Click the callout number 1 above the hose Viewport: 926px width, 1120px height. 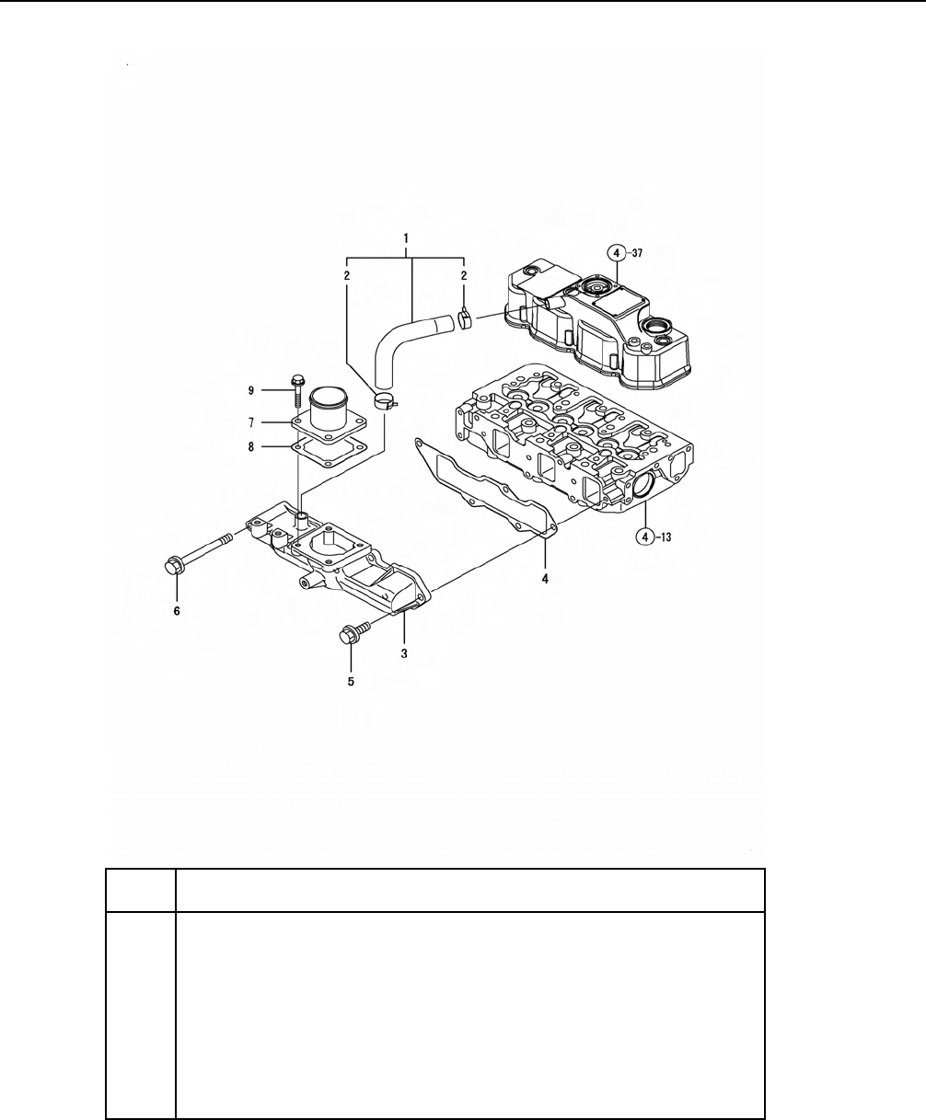(x=406, y=238)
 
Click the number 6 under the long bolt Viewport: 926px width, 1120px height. (x=177, y=609)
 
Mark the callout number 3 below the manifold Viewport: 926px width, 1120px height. (x=404, y=652)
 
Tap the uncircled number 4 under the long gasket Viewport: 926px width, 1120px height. (x=545, y=579)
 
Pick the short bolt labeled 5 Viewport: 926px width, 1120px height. (x=353, y=632)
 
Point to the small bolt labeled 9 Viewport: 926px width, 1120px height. (x=298, y=390)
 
